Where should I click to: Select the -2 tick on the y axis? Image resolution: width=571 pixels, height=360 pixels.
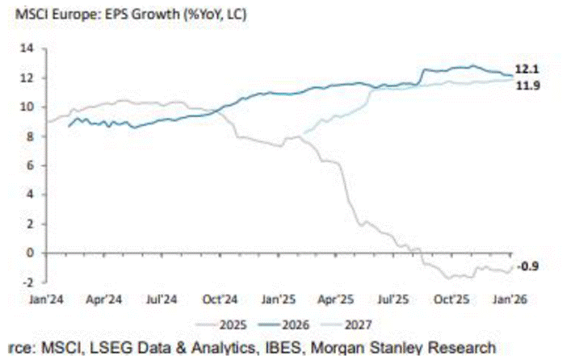click(30, 282)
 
